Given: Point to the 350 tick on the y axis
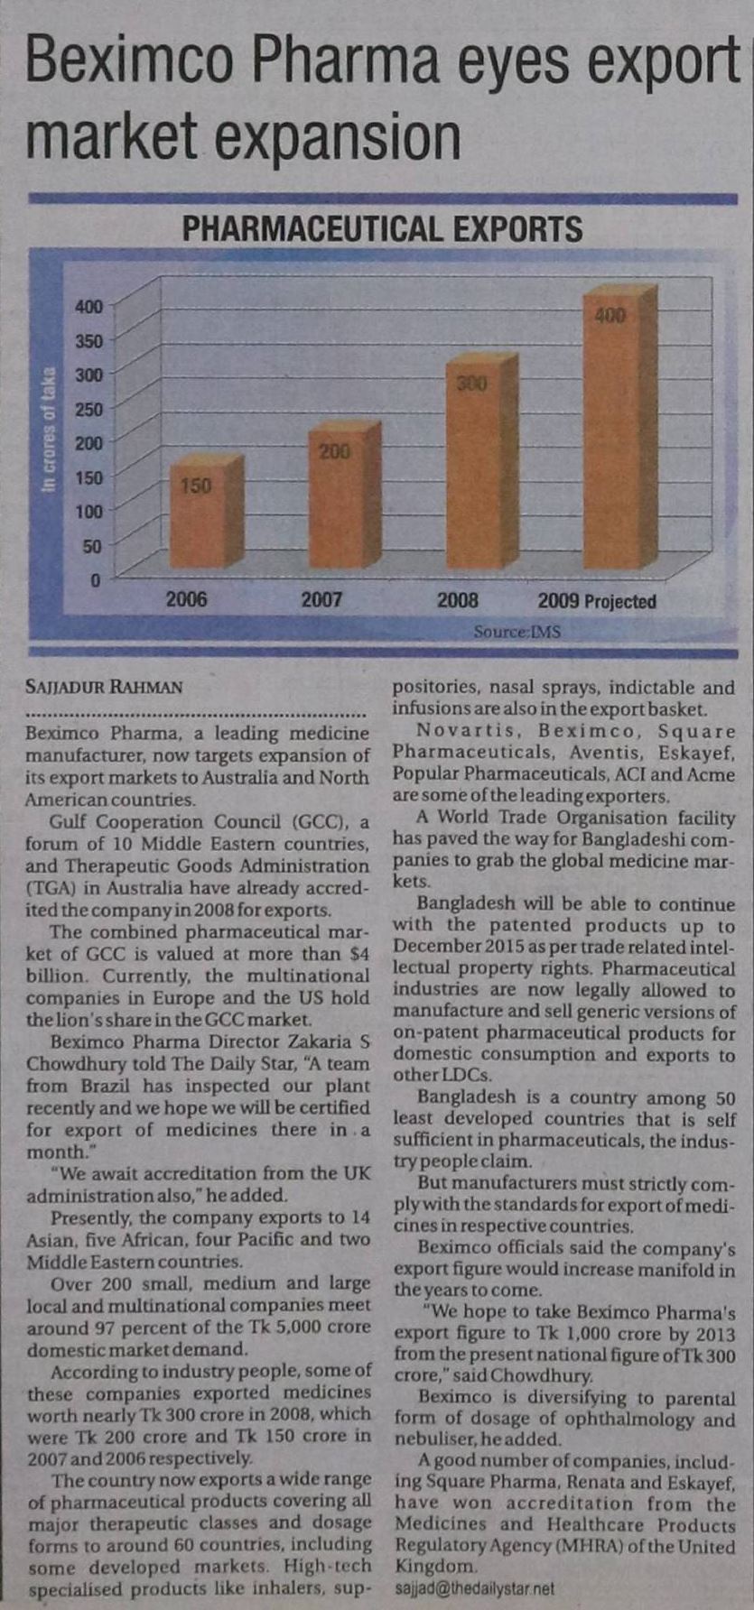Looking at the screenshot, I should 89,341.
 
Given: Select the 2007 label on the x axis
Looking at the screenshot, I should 321,600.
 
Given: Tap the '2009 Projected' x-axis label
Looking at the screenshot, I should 597,601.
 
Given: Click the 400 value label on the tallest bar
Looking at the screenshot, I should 610,316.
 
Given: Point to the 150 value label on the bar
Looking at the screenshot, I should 195,486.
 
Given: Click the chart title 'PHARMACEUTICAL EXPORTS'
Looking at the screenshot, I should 382,229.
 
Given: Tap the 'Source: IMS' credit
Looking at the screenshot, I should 517,632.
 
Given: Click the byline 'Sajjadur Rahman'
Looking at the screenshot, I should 104,687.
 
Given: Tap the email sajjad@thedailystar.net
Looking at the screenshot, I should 474,1587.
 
